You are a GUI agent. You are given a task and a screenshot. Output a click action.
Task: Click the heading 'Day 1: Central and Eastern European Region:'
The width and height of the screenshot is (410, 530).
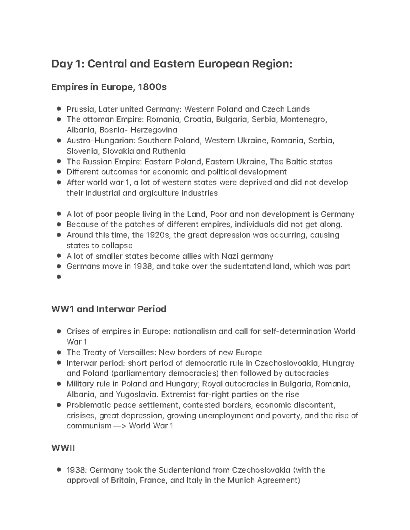[x=172, y=64]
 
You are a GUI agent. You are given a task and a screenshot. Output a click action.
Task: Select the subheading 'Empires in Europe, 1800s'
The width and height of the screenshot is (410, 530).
[x=109, y=87]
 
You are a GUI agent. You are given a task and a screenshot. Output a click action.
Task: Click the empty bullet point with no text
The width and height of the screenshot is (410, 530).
[x=59, y=277]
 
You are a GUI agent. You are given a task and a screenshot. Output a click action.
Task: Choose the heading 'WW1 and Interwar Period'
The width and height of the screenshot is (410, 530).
[x=109, y=309]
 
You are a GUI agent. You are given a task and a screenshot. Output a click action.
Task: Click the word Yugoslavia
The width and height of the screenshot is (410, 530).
[x=137, y=395]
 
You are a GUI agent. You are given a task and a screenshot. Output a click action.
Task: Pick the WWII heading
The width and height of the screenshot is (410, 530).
[x=63, y=448]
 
